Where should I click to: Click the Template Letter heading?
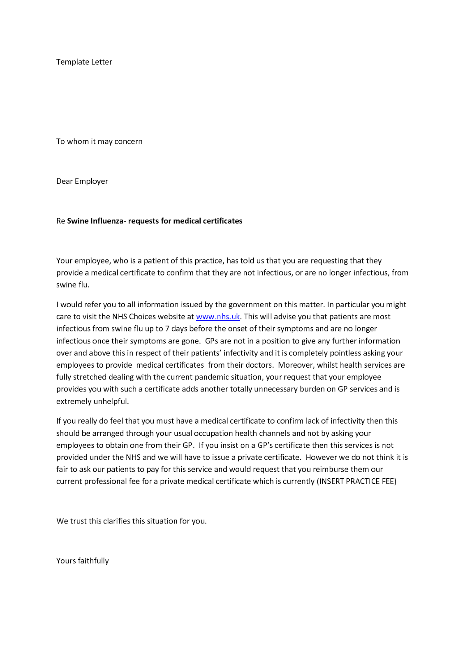tap(84, 62)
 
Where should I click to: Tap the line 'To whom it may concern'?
tap(99, 141)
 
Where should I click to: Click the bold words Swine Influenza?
tap(95, 221)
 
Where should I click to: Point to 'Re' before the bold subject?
tap(60, 221)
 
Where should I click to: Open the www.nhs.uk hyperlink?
tap(218, 317)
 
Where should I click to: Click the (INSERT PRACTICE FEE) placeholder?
tap(356, 482)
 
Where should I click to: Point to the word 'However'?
tap(321, 457)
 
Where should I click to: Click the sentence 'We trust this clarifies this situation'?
tap(131, 521)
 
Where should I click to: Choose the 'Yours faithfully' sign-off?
tap(82, 561)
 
